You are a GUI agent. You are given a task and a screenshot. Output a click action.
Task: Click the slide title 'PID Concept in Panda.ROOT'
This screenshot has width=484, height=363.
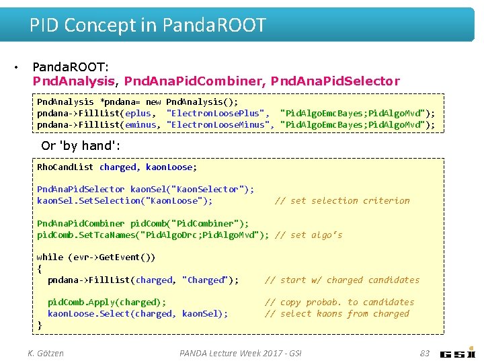tap(147, 26)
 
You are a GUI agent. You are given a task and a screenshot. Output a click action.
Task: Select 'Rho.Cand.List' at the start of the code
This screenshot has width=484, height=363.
tap(65, 167)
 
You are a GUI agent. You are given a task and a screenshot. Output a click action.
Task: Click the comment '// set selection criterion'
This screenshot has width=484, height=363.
tap(342, 201)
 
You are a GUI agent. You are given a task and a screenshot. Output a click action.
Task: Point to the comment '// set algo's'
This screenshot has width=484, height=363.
tap(309, 235)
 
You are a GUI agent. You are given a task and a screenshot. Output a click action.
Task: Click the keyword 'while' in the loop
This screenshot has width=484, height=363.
tap(50, 257)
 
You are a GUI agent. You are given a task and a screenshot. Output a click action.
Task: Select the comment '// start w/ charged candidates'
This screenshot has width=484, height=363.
tap(341, 280)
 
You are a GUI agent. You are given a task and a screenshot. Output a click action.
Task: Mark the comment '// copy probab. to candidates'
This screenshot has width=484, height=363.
tap(339, 302)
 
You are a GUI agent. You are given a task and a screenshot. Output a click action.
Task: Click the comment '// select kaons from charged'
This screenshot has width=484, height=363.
tap(336, 314)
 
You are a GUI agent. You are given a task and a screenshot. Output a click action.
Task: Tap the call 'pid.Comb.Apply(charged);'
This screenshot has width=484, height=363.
tap(107, 302)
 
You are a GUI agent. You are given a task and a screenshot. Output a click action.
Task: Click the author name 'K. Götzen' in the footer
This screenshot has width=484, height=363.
tap(46, 353)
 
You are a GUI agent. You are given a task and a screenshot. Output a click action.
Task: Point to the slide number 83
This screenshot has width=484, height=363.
tap(424, 353)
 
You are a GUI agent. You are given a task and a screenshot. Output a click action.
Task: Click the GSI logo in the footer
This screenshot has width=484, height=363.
tap(458, 353)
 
